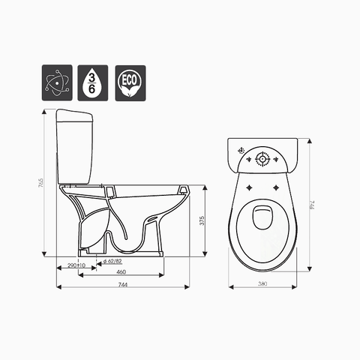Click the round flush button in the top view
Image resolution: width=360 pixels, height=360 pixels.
[263, 159]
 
